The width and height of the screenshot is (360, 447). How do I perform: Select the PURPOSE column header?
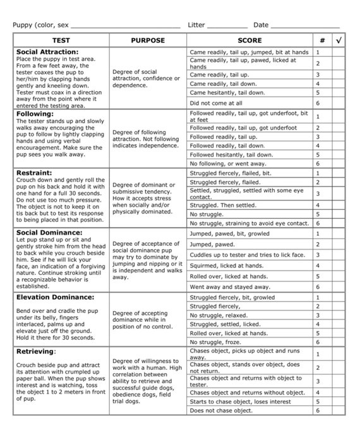147,40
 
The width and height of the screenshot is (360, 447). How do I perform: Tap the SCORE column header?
250,40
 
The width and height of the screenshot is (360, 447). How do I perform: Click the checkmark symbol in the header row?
339,40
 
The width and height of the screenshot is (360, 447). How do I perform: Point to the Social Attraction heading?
47,52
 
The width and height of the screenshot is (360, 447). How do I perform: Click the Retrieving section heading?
36,351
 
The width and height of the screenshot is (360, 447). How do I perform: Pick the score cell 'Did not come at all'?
216,103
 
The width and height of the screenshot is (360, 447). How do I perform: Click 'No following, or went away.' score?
228,164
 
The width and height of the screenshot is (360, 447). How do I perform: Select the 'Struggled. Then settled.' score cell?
223,205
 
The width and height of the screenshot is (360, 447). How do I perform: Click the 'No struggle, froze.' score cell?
217,342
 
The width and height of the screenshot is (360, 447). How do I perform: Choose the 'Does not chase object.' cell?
221,410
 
